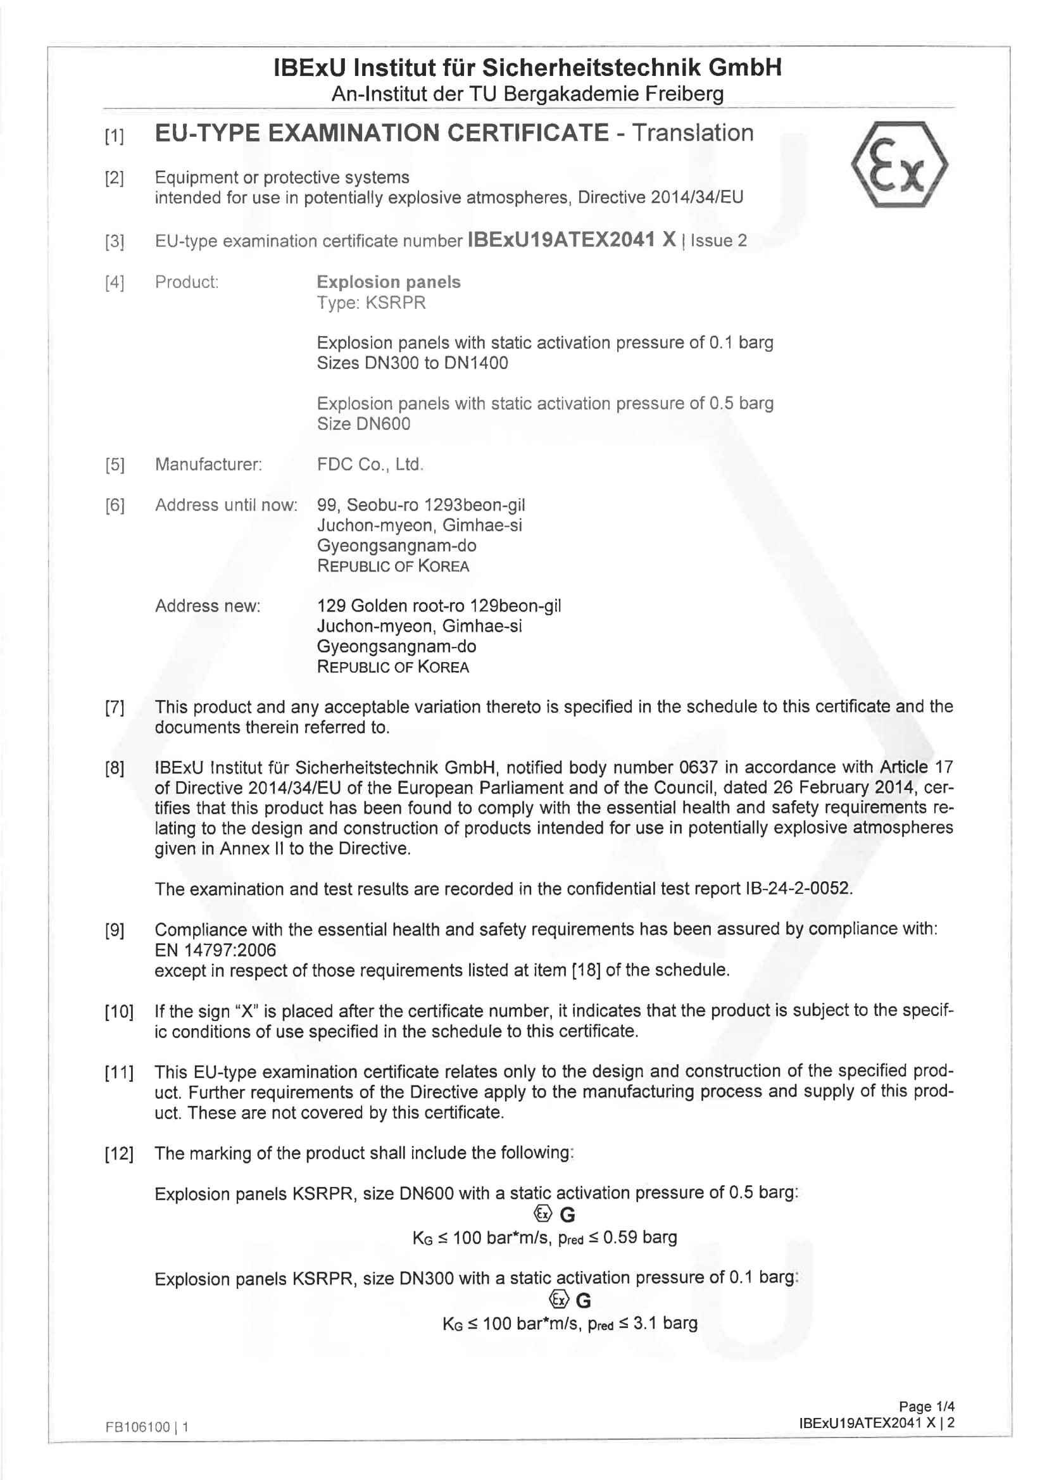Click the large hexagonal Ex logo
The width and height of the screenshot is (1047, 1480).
click(899, 165)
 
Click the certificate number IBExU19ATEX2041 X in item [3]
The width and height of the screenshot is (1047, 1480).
click(571, 240)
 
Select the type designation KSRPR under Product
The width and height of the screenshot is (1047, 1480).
click(372, 303)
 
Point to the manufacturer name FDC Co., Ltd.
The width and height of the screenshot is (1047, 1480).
click(370, 464)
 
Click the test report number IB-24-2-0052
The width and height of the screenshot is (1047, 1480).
click(798, 888)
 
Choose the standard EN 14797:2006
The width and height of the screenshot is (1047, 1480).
click(215, 950)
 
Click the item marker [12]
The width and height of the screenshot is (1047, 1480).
click(119, 1153)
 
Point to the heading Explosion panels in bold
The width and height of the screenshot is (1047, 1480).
click(388, 282)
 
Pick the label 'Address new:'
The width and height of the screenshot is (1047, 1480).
click(208, 606)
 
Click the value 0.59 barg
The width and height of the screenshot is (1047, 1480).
click(639, 1237)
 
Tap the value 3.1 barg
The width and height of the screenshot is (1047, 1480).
click(665, 1324)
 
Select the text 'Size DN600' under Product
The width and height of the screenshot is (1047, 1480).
click(363, 423)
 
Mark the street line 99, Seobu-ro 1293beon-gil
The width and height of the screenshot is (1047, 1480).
click(421, 505)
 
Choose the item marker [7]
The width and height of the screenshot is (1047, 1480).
click(115, 707)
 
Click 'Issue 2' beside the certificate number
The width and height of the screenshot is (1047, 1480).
click(718, 241)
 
